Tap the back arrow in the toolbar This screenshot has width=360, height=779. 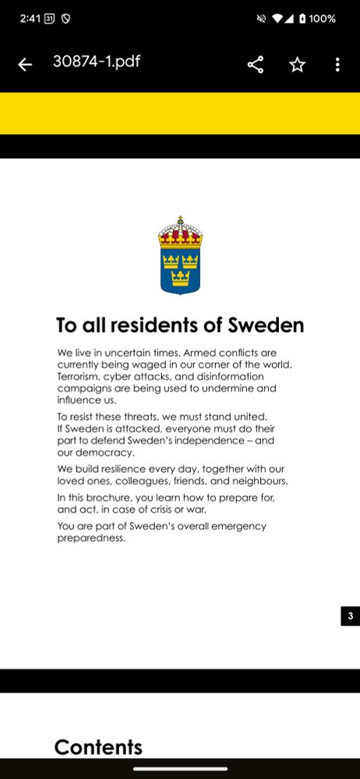coord(25,65)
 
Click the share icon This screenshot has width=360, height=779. coord(256,65)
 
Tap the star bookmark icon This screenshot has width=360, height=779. coord(297,65)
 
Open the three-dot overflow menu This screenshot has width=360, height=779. coord(337,65)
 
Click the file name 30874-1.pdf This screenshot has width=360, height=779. coord(97,62)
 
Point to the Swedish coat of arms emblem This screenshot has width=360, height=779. coord(180,256)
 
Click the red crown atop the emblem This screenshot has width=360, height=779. coord(180,231)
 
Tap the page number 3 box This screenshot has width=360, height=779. coord(350,616)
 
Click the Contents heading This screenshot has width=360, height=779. coord(98,748)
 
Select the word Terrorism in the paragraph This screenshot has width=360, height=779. coord(82,376)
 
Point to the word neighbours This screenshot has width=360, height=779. coord(258,481)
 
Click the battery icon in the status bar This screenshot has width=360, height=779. coord(302,19)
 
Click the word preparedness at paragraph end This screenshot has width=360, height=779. coord(90,538)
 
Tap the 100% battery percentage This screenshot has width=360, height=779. coord(322,19)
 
